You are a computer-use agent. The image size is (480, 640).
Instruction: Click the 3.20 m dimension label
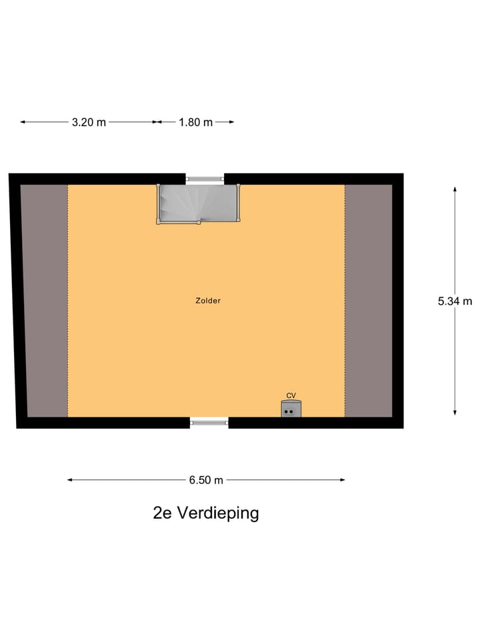pos(89,122)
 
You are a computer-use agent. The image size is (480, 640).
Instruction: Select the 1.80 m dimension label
pos(195,122)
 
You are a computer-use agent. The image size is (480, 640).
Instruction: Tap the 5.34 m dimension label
pos(455,301)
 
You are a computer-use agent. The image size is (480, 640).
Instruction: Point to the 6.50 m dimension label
pos(206,480)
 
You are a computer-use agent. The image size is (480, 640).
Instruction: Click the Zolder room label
pos(208,301)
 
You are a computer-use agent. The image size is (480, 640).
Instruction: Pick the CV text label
pos(291,395)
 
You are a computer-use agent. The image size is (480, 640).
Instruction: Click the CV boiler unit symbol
pos(291,409)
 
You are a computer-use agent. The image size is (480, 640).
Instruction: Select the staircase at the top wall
pos(199,204)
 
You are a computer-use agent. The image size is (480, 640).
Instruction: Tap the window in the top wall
pos(205,179)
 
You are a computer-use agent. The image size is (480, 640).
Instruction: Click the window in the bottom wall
pos(209,421)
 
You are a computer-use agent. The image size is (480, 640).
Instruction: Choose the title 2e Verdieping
pos(205,513)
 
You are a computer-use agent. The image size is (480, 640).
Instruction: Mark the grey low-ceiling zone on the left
pos(45,300)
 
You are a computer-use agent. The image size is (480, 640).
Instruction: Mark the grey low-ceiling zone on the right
pos(368,300)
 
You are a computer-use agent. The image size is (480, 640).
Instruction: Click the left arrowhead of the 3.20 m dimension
pos(22,122)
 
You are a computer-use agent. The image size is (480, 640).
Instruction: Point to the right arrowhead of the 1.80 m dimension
pos(232,122)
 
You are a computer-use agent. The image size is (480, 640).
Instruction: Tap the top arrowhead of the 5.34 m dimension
pos(455,189)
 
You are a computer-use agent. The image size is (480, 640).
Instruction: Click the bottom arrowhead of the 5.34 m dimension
pos(455,413)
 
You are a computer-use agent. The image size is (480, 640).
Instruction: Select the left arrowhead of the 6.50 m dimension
pos(69,480)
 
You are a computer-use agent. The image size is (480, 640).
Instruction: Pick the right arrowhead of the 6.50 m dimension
pos(343,480)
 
